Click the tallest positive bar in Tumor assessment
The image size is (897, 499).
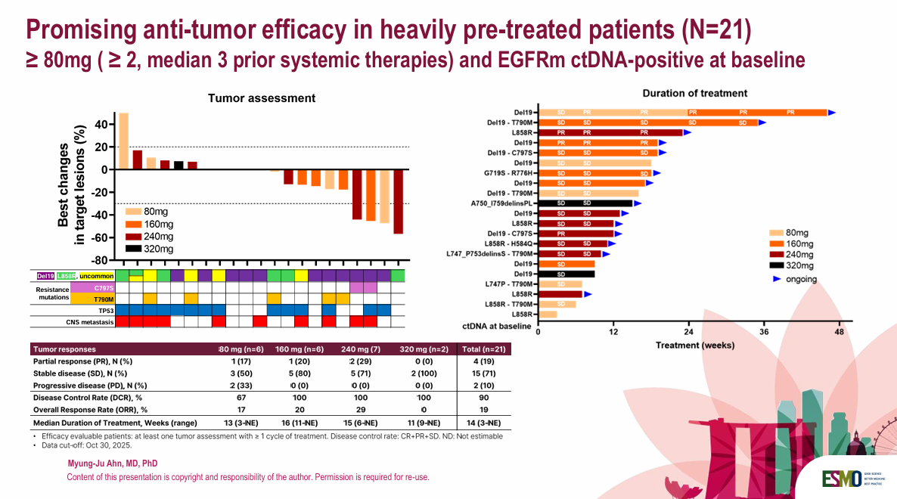123,141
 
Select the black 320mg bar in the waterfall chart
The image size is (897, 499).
178,166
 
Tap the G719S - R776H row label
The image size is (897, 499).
510,172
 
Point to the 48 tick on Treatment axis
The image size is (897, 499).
839,332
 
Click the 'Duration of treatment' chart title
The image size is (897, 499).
694,94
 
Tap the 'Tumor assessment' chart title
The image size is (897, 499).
262,98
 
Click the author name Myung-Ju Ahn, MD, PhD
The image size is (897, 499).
113,463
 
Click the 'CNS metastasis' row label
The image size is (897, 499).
89,322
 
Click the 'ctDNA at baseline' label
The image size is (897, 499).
497,326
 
